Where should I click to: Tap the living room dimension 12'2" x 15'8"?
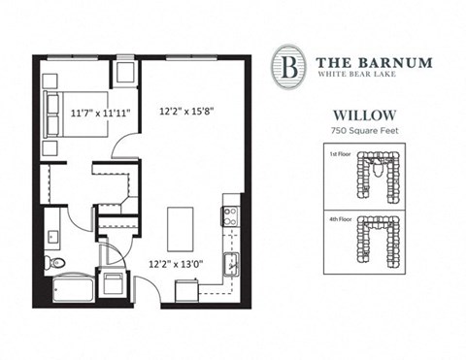coord(186,111)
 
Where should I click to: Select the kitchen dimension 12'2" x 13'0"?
coord(176,262)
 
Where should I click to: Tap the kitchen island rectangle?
coord(181,228)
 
